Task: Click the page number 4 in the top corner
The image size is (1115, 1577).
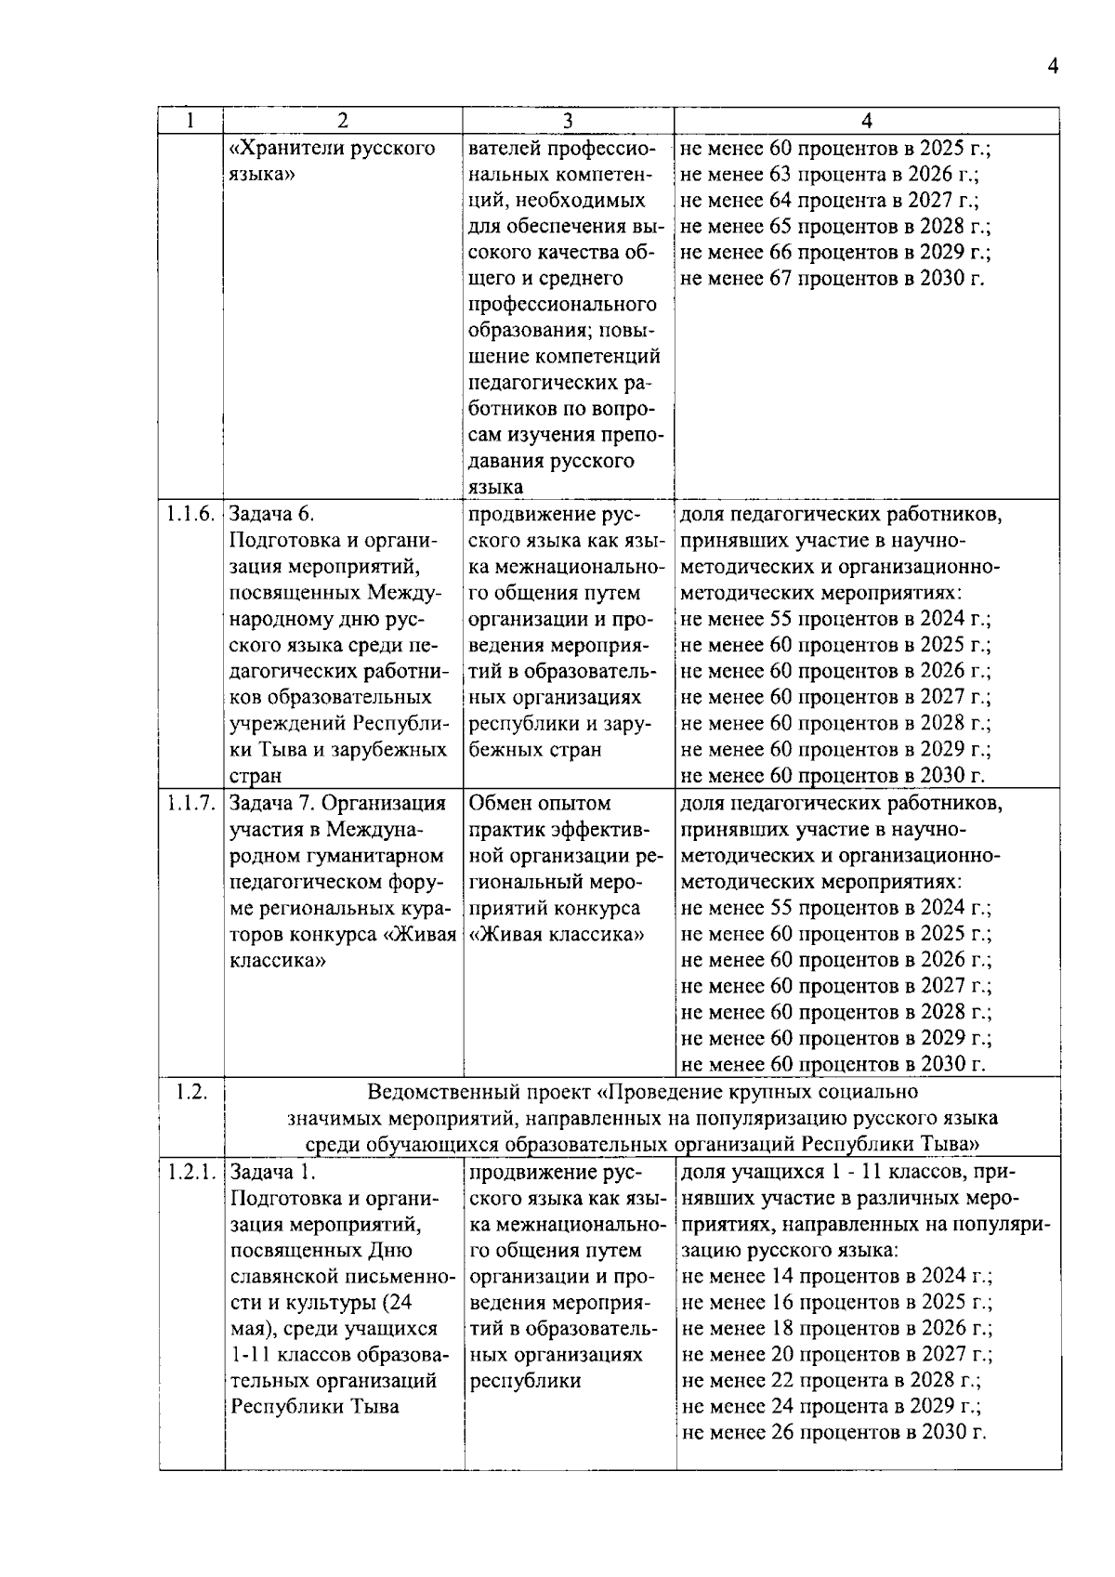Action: point(1052,66)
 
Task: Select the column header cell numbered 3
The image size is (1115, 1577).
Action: point(568,121)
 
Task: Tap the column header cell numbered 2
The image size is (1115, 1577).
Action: point(343,121)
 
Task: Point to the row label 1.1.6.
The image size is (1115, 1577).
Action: point(191,514)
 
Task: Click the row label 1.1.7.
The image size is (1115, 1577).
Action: point(191,803)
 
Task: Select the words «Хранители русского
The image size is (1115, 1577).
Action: point(333,149)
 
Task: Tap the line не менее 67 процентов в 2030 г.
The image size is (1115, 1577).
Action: point(833,279)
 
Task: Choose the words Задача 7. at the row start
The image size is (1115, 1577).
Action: point(271,804)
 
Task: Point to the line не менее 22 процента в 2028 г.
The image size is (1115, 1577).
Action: point(831,1381)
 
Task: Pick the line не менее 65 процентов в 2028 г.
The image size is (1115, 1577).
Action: point(835,227)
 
